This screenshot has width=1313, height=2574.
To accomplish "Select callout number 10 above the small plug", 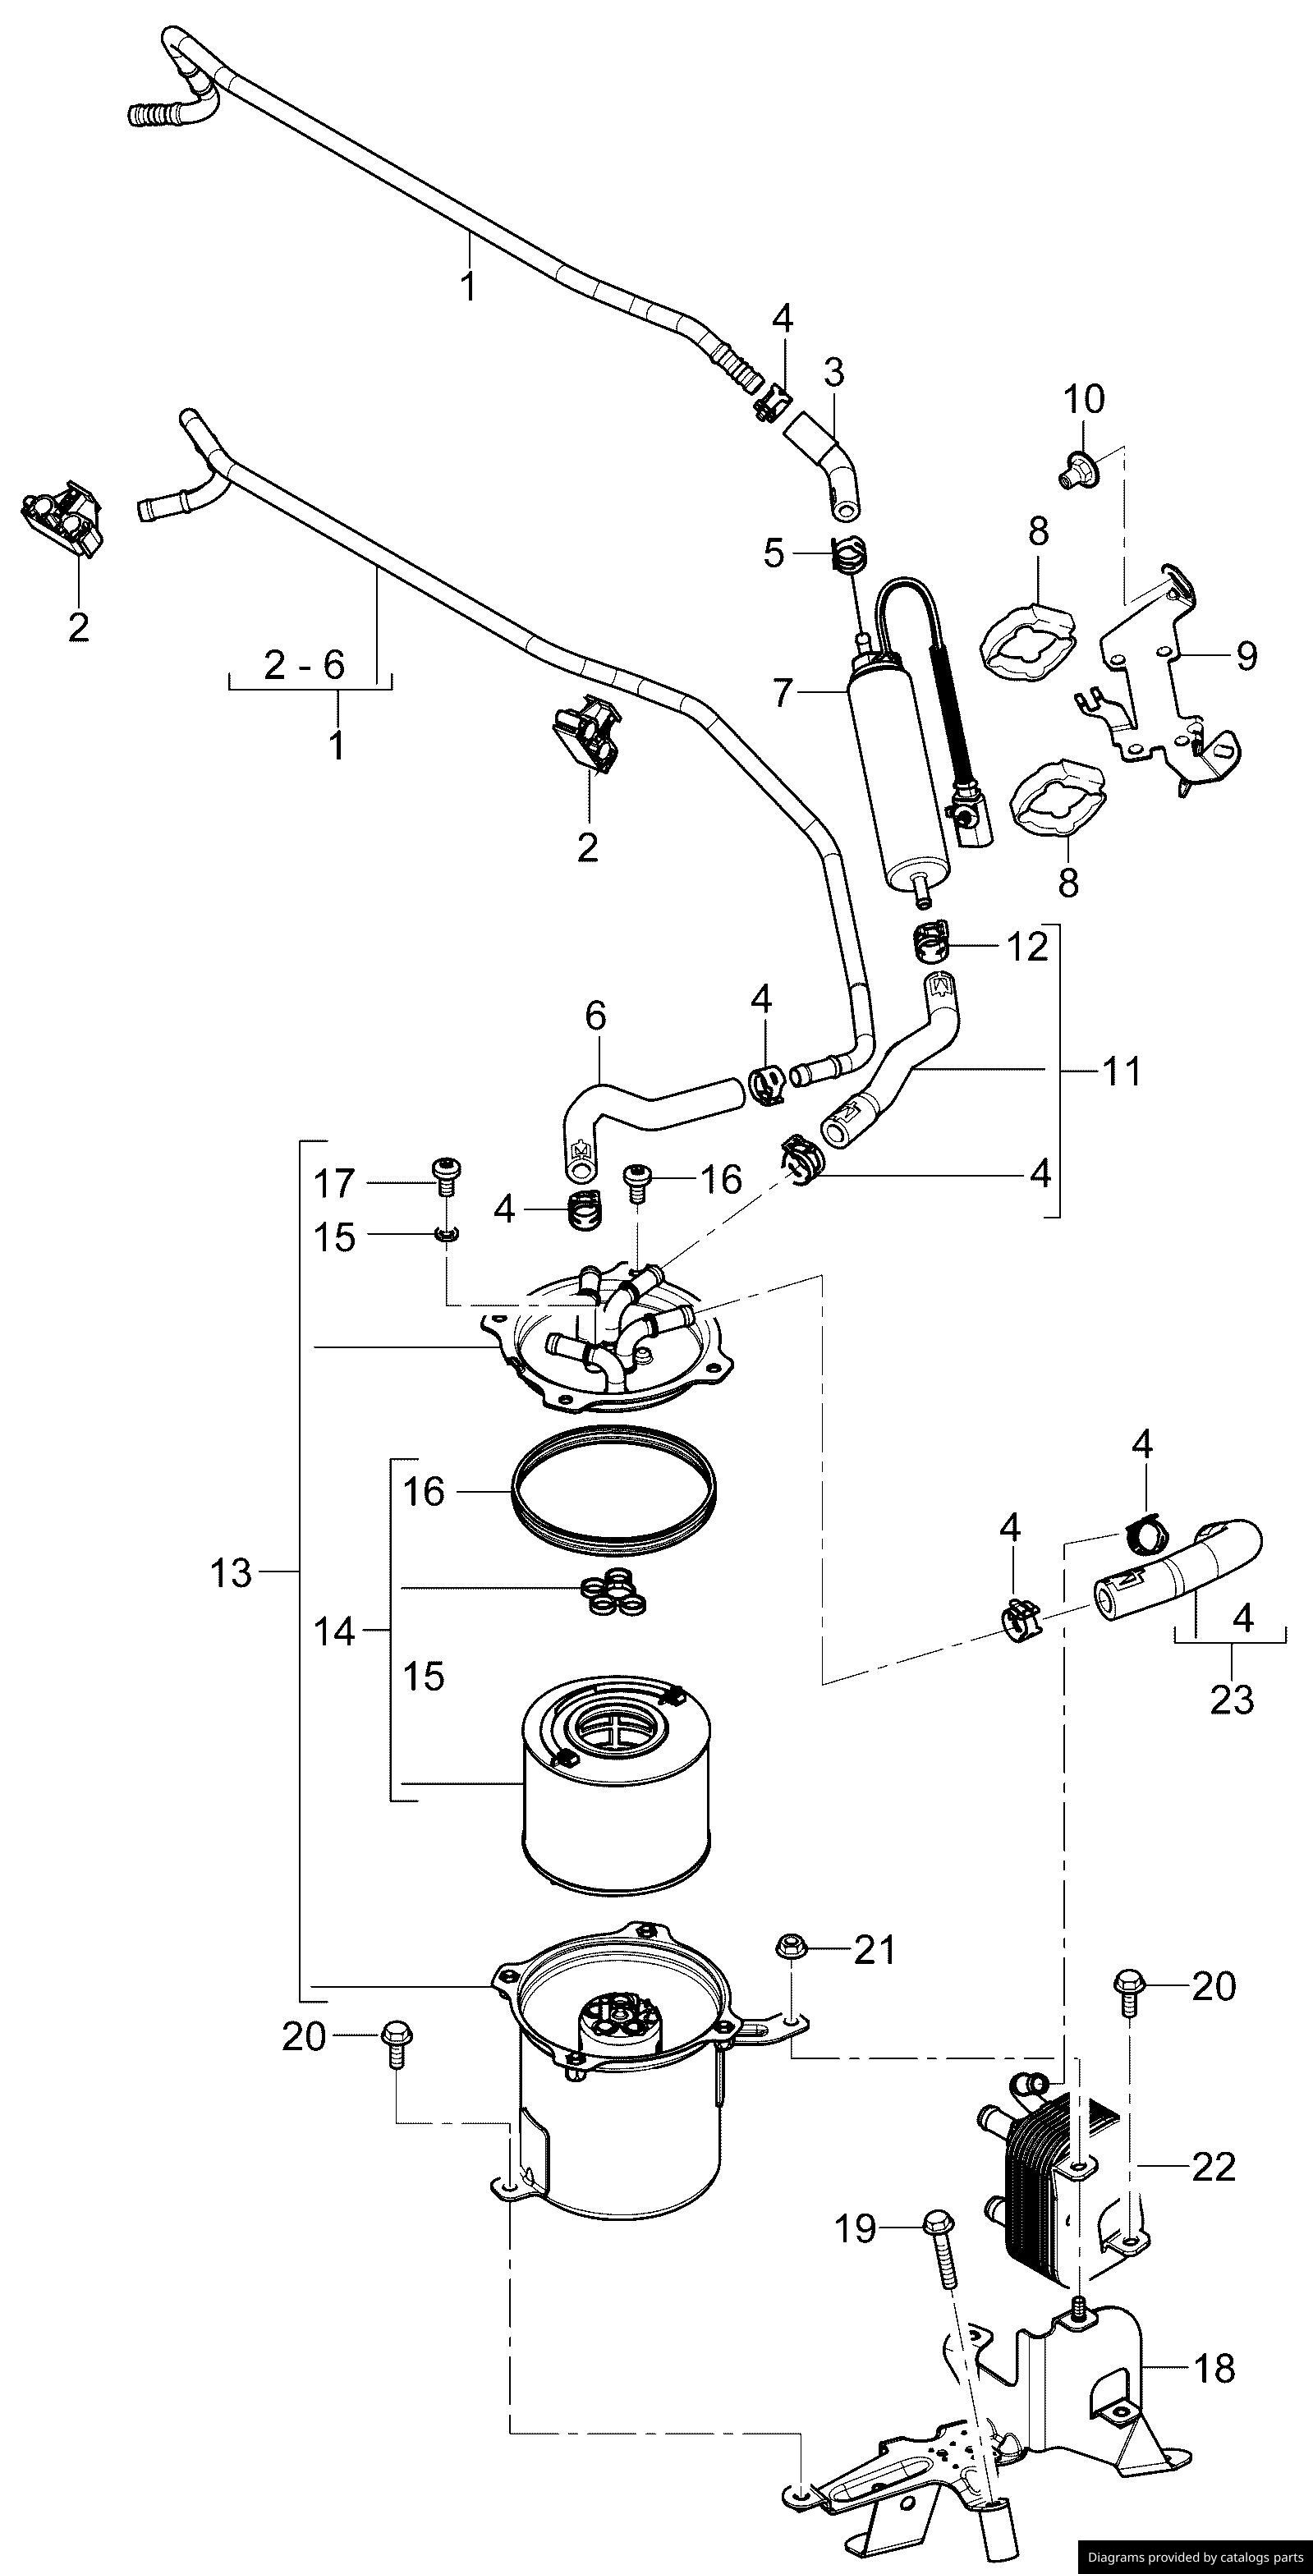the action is tap(1084, 400).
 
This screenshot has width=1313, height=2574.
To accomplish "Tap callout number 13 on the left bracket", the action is tap(232, 1573).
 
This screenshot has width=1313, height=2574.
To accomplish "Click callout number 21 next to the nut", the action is tap(875, 1948).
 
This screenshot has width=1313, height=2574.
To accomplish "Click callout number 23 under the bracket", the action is tap(1231, 1698).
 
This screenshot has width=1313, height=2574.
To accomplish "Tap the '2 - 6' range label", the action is tap(305, 664).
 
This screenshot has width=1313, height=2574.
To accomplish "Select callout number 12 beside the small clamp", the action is tap(1026, 945).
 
